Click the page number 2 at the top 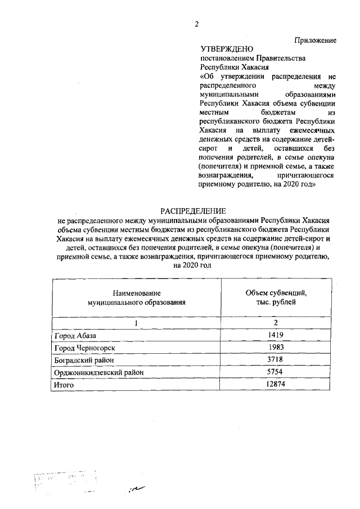click(x=196, y=23)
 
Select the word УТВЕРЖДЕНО click(x=224, y=49)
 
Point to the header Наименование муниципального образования click(x=136, y=298)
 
